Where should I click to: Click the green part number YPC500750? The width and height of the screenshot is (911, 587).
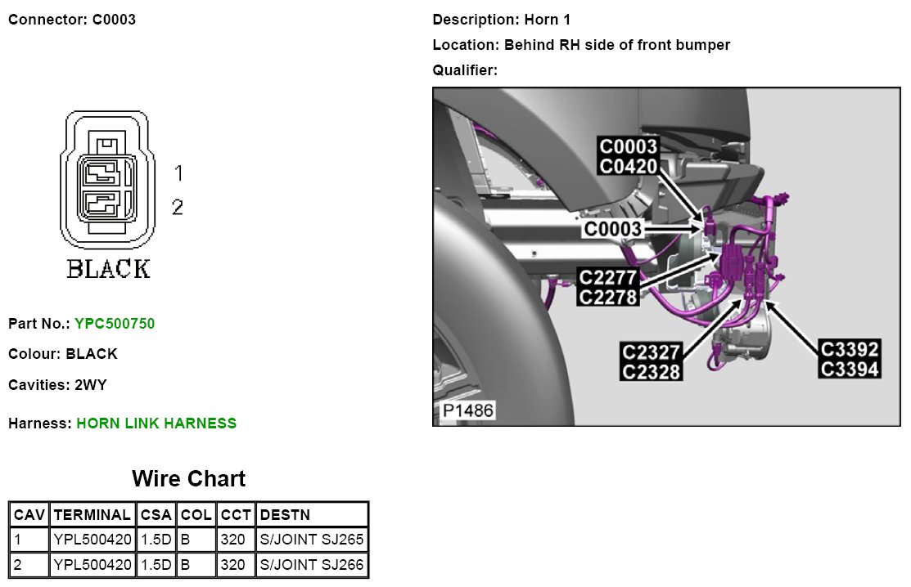click(x=115, y=324)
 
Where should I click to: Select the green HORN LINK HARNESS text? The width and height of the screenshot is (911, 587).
click(x=156, y=423)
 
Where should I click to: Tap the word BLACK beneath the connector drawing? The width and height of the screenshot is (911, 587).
click(x=108, y=269)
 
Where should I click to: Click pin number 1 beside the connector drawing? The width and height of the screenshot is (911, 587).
click(x=178, y=173)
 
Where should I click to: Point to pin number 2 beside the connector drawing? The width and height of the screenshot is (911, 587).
click(x=178, y=208)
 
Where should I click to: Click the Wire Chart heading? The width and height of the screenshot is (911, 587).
click(x=188, y=478)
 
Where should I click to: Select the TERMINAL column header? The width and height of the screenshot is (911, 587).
click(x=92, y=515)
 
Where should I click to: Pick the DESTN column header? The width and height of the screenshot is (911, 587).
click(x=284, y=515)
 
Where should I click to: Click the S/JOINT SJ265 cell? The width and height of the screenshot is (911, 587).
click(x=312, y=540)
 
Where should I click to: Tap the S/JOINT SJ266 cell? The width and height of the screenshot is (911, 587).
click(x=312, y=565)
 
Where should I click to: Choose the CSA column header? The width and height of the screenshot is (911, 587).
click(x=156, y=515)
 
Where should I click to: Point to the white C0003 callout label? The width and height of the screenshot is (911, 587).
click(x=613, y=230)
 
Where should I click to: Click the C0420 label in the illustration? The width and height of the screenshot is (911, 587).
click(x=629, y=166)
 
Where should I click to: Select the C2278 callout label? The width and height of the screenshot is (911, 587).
click(x=607, y=297)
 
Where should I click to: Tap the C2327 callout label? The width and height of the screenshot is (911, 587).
click(x=652, y=352)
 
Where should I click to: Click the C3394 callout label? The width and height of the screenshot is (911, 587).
click(x=850, y=370)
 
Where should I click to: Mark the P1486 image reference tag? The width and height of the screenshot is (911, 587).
click(x=469, y=410)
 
